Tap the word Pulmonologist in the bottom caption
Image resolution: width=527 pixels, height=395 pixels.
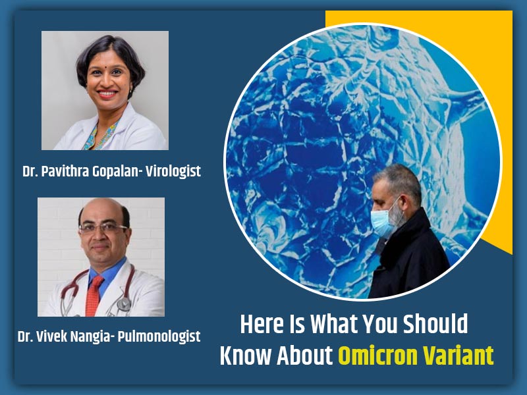click(x=159, y=336)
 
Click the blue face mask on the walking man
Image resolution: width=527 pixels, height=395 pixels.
click(x=385, y=221)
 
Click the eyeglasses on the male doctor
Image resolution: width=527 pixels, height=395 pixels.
click(x=103, y=228)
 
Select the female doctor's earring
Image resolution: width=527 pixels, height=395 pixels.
click(x=130, y=90)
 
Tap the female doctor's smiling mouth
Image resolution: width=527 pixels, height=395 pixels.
click(x=107, y=93)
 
